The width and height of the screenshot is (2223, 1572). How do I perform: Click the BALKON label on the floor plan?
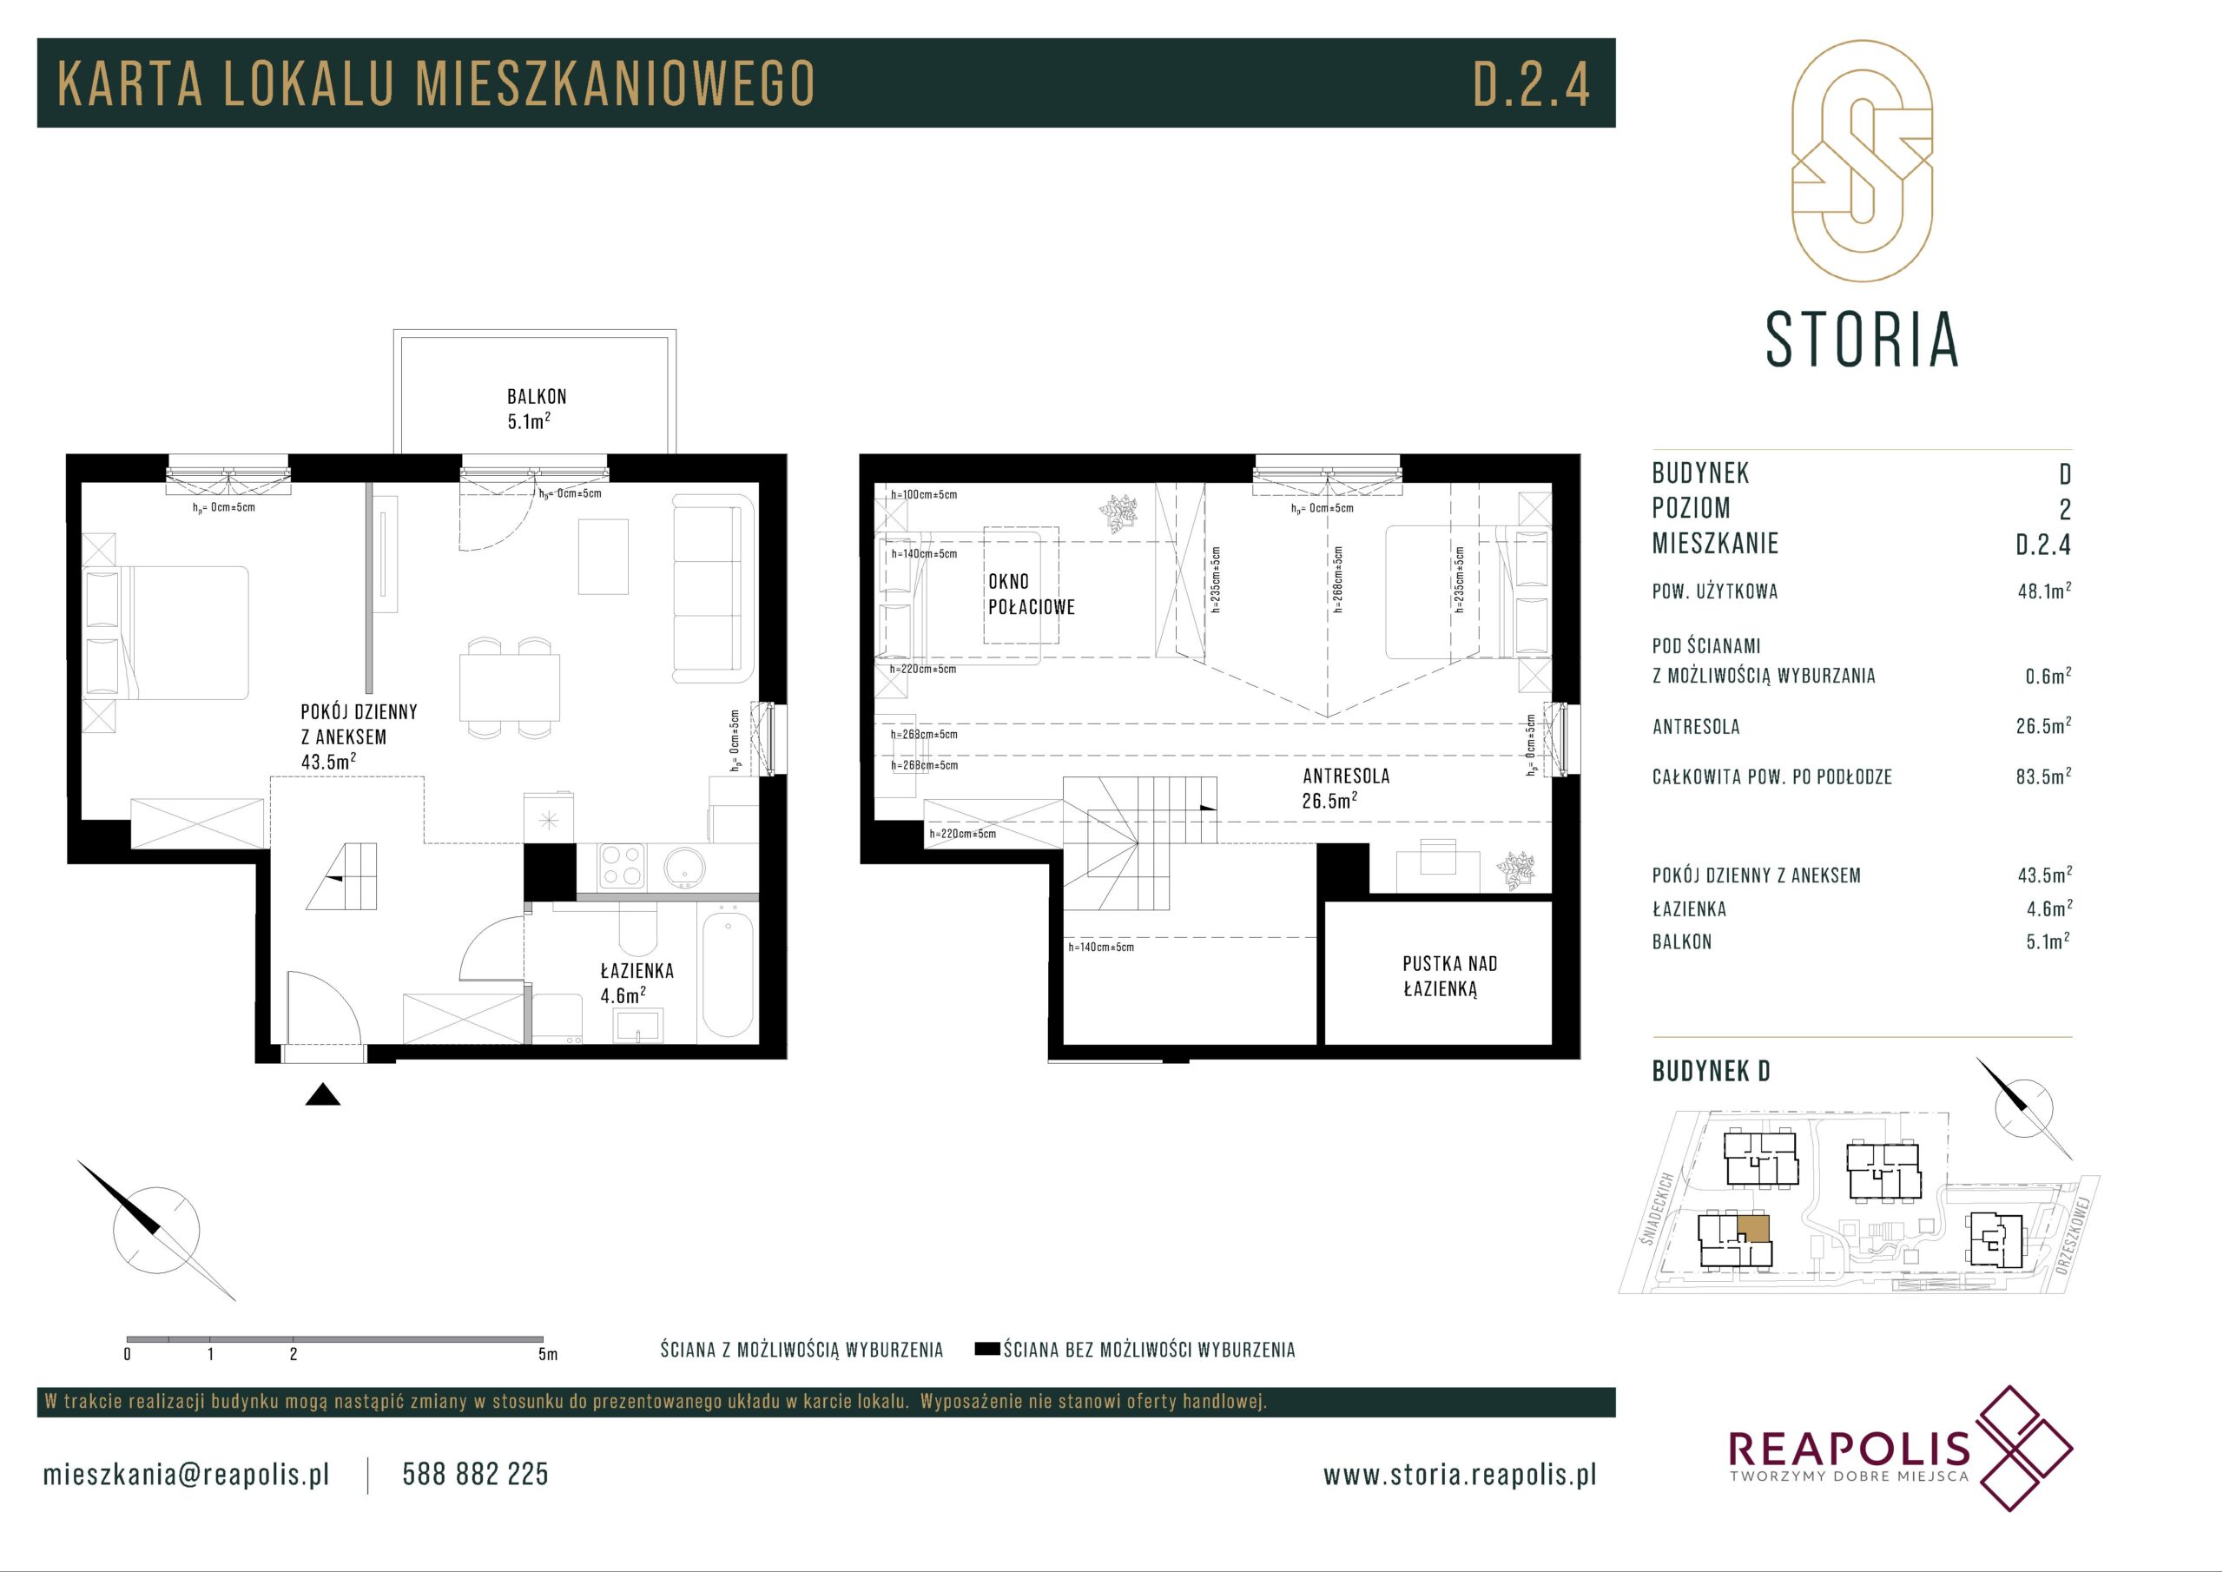tap(537, 396)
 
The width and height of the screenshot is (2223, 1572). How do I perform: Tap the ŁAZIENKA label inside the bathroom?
tap(637, 970)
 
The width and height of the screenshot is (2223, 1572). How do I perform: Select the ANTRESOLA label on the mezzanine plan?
tap(1346, 776)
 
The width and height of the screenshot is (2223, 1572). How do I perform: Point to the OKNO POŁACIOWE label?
tap(1031, 595)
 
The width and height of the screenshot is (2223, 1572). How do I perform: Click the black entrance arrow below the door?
tap(323, 1094)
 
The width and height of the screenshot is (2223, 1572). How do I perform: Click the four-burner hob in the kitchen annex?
tap(622, 866)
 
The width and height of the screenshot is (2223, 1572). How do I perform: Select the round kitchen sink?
tap(685, 866)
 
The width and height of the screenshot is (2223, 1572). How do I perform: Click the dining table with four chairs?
tap(509, 688)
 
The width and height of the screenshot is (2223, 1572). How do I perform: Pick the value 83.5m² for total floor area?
tap(2044, 776)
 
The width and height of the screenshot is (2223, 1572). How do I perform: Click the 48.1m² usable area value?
tap(2044, 591)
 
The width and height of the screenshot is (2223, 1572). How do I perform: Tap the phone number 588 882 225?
tap(475, 1474)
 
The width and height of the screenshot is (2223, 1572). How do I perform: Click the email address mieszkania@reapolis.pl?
tap(187, 1475)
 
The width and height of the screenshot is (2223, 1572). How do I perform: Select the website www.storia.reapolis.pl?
tap(1460, 1475)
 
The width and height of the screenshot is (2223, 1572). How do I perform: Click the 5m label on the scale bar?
tap(548, 1354)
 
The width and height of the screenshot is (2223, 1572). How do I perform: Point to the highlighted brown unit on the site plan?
tap(1753, 1228)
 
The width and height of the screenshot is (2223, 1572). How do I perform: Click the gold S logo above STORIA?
tap(1861, 162)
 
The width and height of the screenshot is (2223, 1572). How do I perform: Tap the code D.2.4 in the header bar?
tap(1532, 83)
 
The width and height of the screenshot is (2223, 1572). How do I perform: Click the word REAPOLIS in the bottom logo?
tap(1849, 1475)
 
